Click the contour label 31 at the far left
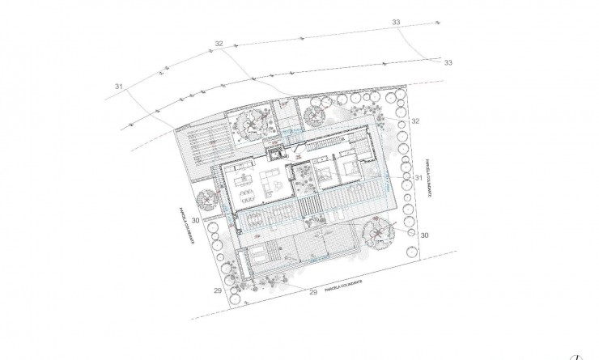tap(119, 86)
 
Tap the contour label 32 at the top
tap(219, 44)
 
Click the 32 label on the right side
tap(415, 121)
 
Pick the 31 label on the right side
tap(418, 177)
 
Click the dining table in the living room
tap(243, 181)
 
